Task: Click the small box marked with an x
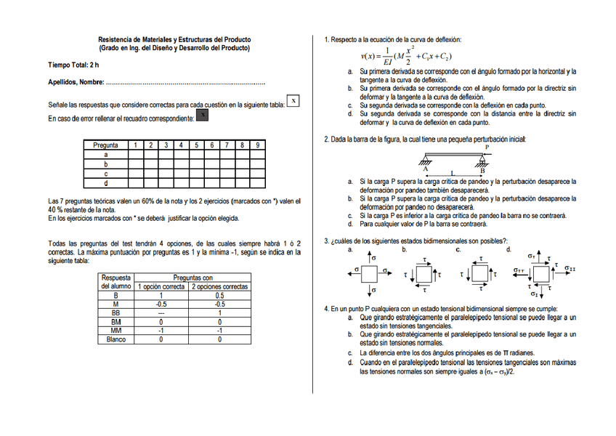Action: [x=292, y=101]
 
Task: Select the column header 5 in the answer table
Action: [x=196, y=145]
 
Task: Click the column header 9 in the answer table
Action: [x=257, y=145]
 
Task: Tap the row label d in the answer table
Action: [x=106, y=182]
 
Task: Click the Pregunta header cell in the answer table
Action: [x=106, y=145]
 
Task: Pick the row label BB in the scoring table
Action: [x=115, y=313]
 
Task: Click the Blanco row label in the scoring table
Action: [x=115, y=339]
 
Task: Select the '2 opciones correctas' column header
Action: [x=219, y=286]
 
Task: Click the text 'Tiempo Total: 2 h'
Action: [x=73, y=65]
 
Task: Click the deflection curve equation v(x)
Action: [x=407, y=56]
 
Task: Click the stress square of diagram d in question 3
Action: [x=542, y=275]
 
